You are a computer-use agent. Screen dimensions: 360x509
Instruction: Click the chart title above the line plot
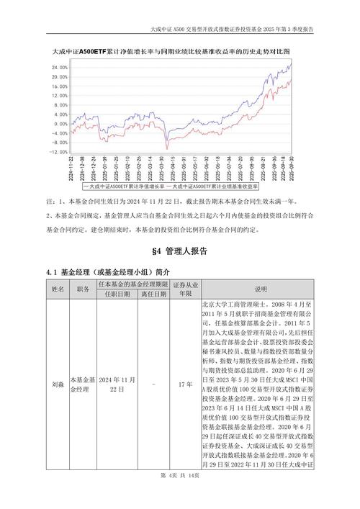click(171, 53)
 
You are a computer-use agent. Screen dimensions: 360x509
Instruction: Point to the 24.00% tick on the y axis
click(59, 68)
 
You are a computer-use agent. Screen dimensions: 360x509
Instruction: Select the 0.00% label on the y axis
click(60, 125)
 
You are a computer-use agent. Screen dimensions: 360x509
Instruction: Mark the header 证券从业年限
click(185, 289)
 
